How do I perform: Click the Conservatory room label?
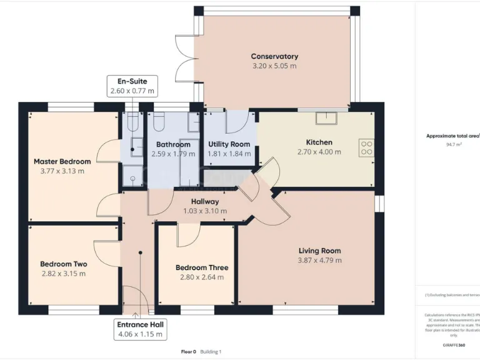click(x=274, y=56)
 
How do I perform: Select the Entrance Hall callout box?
click(x=140, y=329)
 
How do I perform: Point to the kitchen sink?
click(x=326, y=117)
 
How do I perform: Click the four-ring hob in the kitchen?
click(x=366, y=147)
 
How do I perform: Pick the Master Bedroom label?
click(x=62, y=162)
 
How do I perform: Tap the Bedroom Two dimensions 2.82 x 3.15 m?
click(x=63, y=274)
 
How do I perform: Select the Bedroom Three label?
click(x=202, y=267)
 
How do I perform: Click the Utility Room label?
click(x=229, y=144)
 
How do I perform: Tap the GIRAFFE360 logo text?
click(x=453, y=344)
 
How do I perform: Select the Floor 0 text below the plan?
click(x=189, y=352)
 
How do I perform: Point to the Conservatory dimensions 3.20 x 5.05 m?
click(x=274, y=66)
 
